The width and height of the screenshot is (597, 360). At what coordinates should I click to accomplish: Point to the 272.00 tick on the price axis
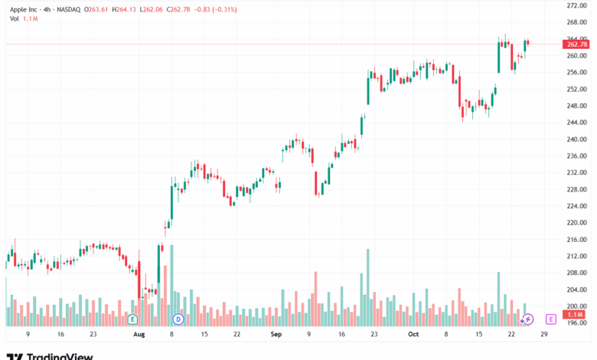[x=576, y=5]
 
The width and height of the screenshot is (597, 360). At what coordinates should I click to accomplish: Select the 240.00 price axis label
[x=576, y=139]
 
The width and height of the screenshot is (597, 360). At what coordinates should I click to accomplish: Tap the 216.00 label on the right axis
[x=576, y=240]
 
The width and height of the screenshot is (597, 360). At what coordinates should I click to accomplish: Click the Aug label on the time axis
[x=139, y=335]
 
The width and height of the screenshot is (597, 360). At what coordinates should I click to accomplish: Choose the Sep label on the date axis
[x=276, y=335]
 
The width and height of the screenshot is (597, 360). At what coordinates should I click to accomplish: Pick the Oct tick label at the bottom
[x=414, y=335]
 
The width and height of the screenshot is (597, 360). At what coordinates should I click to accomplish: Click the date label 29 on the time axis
[x=543, y=335]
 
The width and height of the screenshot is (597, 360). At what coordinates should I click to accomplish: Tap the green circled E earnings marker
[x=132, y=319]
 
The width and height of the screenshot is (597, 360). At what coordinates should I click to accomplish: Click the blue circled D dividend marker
[x=178, y=319]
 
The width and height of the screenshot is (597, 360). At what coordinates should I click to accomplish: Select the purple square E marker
[x=550, y=319]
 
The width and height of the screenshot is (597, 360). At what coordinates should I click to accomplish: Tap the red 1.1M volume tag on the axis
[x=576, y=315]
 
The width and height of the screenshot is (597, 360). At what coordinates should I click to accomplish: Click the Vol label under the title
[x=14, y=18]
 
